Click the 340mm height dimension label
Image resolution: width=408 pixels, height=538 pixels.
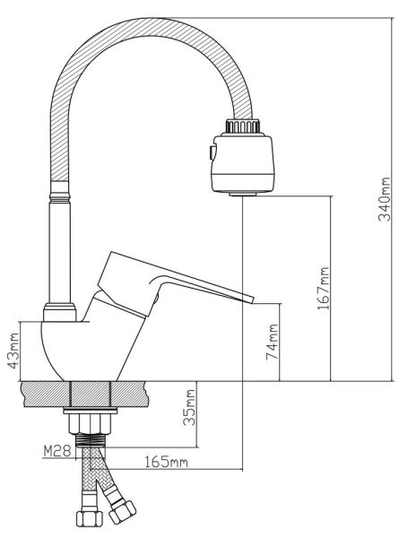tap(385, 199)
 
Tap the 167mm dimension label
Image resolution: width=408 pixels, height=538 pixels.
tap(323, 288)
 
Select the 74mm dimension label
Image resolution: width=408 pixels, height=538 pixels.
tap(273, 342)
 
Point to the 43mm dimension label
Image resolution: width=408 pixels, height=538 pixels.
tap(13, 351)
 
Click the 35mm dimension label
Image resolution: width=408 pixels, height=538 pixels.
tap(189, 407)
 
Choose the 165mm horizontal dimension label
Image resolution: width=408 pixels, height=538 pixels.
tap(166, 462)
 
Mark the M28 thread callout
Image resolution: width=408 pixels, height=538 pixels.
tap(57, 450)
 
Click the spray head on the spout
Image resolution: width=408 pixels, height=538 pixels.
tap(243, 163)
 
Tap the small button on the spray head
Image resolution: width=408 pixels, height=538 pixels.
tap(213, 152)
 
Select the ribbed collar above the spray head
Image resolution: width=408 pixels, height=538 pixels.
tap(242, 126)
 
